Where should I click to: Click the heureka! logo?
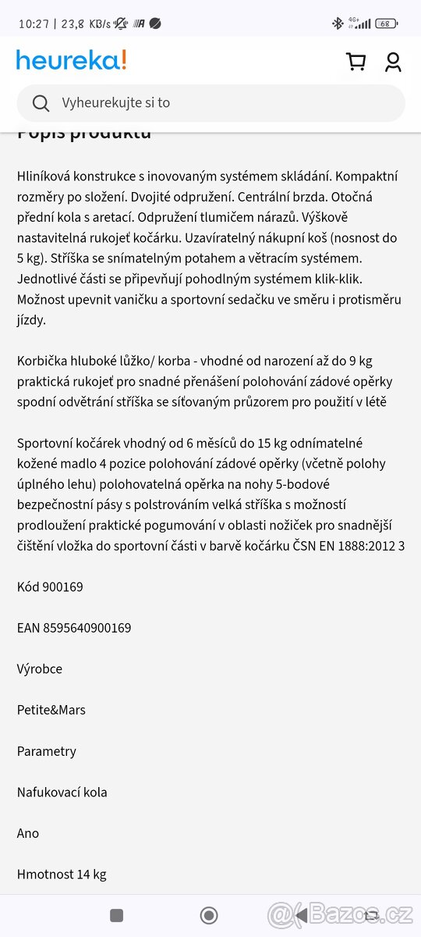pyautogui.click(x=71, y=60)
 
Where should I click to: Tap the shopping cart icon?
pyautogui.click(x=356, y=62)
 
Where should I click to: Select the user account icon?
pyautogui.click(x=393, y=62)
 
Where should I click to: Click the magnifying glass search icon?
pyautogui.click(x=41, y=103)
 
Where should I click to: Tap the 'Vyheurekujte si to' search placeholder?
pyautogui.click(x=116, y=103)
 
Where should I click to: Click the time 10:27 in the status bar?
pyautogui.click(x=34, y=23)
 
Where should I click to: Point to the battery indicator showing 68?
pyautogui.click(x=386, y=23)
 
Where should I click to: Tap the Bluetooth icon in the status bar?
pyautogui.click(x=338, y=23)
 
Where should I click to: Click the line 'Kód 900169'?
pyautogui.click(x=50, y=586)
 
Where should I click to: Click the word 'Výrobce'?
pyautogui.click(x=40, y=669)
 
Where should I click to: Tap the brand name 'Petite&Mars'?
pyautogui.click(x=51, y=710)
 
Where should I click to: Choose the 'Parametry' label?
pyautogui.click(x=47, y=751)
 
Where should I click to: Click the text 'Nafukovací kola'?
pyautogui.click(x=62, y=792)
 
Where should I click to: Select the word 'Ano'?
pyautogui.click(x=28, y=833)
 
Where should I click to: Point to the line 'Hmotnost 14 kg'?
pyautogui.click(x=62, y=875)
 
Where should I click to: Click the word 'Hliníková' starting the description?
pyautogui.click(x=46, y=176)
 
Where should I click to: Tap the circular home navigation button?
pyautogui.click(x=209, y=915)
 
